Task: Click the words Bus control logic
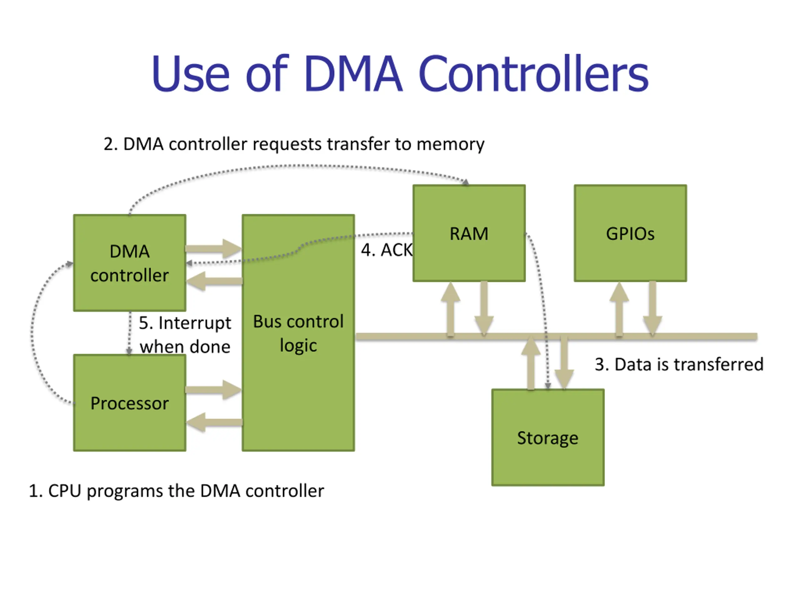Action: (x=298, y=333)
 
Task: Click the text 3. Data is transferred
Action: (x=679, y=364)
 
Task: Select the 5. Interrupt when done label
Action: (x=185, y=335)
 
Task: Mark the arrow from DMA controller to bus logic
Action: (x=213, y=248)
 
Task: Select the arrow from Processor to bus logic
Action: (x=213, y=389)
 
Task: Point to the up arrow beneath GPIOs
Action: (x=619, y=309)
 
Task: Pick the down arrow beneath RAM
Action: (x=484, y=309)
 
